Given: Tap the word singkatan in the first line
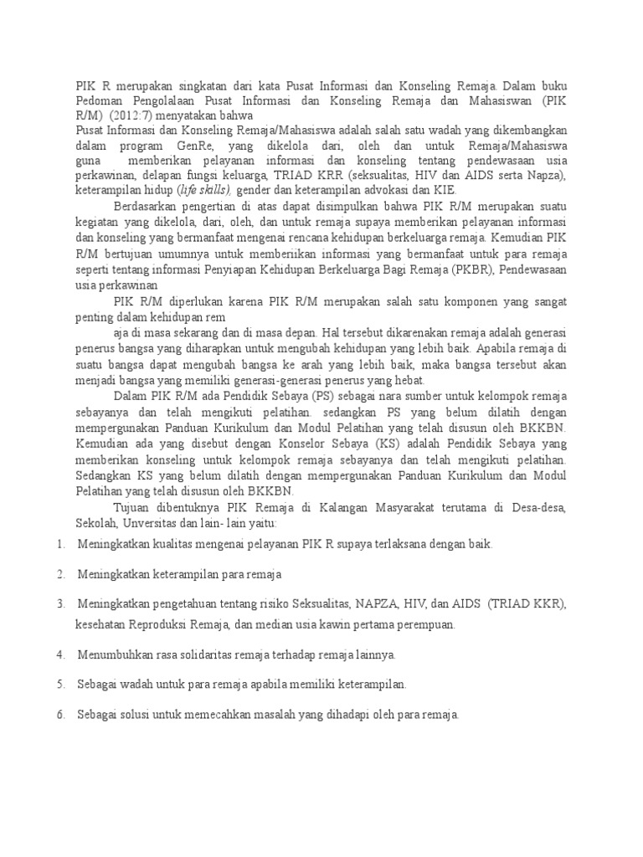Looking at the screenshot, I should [x=204, y=85].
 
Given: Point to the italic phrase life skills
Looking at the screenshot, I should [x=201, y=190].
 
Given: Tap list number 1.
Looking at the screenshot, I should [x=61, y=544].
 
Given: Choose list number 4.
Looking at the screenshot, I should [x=61, y=654].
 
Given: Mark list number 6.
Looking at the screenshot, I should [x=61, y=715].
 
